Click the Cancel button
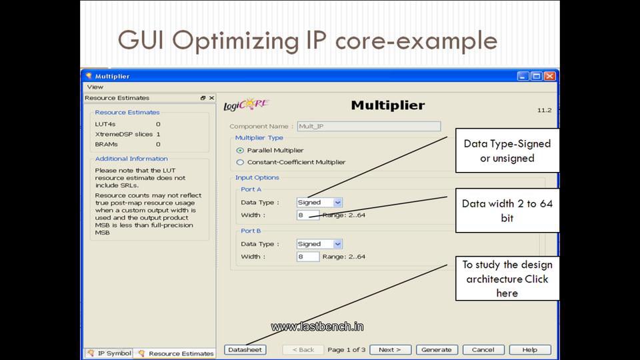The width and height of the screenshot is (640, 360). click(x=483, y=349)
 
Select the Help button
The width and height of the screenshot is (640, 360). click(x=530, y=349)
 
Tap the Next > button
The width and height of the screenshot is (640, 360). click(x=390, y=349)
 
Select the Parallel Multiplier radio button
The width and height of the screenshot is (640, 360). click(x=241, y=150)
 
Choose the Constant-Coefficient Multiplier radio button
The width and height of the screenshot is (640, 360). click(x=241, y=162)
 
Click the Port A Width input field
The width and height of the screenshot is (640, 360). click(x=308, y=215)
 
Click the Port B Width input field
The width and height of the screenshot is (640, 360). click(x=308, y=257)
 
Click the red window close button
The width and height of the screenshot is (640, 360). click(x=550, y=76)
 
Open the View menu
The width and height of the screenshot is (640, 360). click(x=95, y=87)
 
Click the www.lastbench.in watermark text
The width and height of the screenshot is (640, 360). click(x=317, y=327)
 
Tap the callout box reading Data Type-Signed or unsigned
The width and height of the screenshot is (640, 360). click(x=507, y=151)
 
